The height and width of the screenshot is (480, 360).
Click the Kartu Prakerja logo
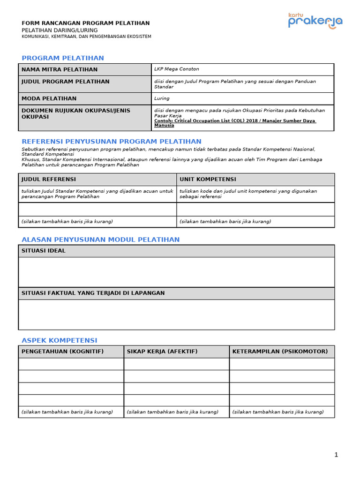point(315,21)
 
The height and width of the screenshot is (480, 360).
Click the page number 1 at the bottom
point(336,454)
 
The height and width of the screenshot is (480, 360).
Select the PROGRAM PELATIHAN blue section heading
point(63,58)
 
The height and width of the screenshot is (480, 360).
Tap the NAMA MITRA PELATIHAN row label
point(60,69)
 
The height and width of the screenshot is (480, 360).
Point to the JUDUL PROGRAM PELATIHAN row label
point(65,82)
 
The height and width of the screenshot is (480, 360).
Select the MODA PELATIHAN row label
point(49,98)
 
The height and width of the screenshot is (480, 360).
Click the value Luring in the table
point(162,98)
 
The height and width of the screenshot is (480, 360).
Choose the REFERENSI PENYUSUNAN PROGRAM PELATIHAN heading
point(112,142)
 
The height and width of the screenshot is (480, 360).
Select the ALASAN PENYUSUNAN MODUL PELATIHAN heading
point(100,240)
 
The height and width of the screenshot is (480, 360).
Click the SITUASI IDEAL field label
point(44,251)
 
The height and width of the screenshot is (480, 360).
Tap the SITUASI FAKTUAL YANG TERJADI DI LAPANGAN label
point(93,293)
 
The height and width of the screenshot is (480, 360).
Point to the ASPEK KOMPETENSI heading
point(60,340)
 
